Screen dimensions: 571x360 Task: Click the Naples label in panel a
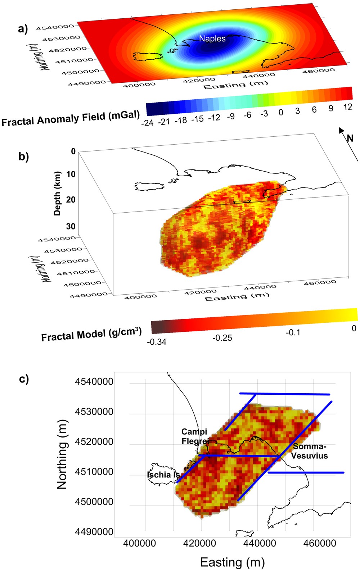[x=212, y=38]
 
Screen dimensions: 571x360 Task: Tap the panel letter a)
[x=23, y=29]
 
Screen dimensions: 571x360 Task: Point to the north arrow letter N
[x=350, y=138]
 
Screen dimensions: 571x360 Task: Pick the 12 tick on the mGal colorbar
[x=347, y=107]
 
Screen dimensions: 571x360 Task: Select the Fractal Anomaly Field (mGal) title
[x=70, y=118]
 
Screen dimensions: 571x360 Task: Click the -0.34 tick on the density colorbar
[x=157, y=342]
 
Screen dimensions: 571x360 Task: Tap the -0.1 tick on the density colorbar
[x=293, y=332]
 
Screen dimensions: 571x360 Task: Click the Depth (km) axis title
[x=57, y=194]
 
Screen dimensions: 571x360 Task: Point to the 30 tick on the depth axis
[x=71, y=226]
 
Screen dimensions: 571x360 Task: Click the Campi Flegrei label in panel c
[x=195, y=436]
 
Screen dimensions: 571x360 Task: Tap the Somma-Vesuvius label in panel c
[x=309, y=451]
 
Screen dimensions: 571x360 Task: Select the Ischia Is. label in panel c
[x=163, y=475]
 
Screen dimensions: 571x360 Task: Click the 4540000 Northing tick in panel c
[x=94, y=381]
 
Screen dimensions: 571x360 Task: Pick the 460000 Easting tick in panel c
[x=320, y=543]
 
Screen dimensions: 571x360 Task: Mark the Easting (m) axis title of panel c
[x=232, y=562]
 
